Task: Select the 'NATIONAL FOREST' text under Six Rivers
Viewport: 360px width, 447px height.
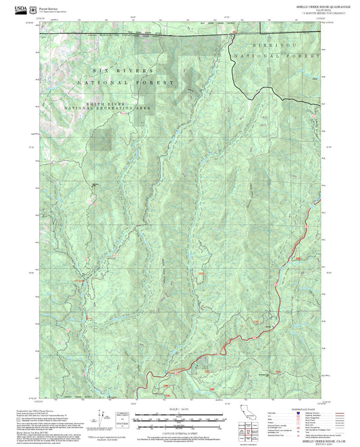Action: coord(125,82)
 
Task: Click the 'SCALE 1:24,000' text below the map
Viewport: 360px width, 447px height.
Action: coord(180,409)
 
